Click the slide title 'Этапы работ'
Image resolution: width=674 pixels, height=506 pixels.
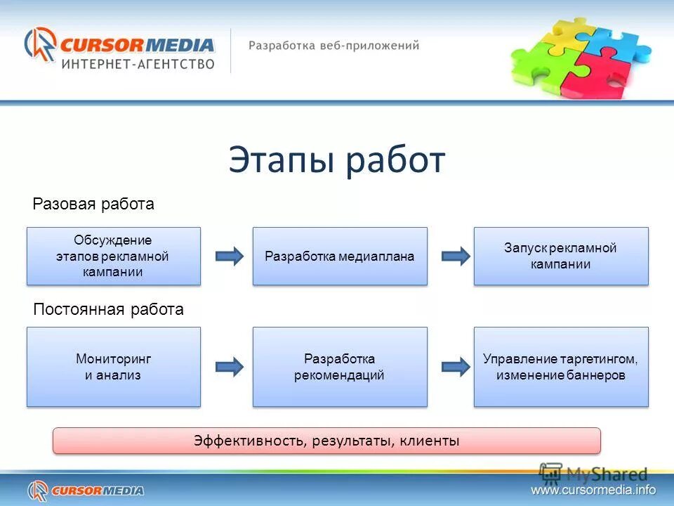[336, 161]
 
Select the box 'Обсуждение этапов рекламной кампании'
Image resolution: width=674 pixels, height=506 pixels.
[114, 256]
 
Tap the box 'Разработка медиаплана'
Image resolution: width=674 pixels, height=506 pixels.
[340, 256]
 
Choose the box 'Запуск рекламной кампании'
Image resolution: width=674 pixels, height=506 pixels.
[561, 256]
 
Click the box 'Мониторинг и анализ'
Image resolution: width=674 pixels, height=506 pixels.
[114, 366]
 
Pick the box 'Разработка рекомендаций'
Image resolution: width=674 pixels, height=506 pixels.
[340, 366]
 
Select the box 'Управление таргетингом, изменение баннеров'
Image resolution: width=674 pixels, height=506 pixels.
[561, 366]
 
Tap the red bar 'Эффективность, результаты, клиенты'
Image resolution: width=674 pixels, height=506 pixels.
[327, 441]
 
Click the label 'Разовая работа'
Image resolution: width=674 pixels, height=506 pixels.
[93, 205]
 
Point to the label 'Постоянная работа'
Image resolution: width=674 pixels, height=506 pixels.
[109, 310]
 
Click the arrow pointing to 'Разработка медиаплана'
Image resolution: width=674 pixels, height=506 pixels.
[229, 256]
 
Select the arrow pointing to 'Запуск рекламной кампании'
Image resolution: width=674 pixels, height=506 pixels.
[455, 256]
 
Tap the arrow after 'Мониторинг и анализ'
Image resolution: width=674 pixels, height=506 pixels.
[229, 366]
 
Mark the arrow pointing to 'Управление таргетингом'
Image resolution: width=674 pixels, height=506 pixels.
[455, 366]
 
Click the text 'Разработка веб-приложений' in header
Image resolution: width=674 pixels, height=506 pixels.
[333, 46]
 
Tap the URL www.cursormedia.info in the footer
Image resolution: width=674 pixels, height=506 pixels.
[593, 490]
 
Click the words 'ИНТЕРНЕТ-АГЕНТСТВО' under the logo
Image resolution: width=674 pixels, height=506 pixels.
[138, 64]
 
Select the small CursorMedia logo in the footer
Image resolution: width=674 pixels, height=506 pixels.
[86, 490]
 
